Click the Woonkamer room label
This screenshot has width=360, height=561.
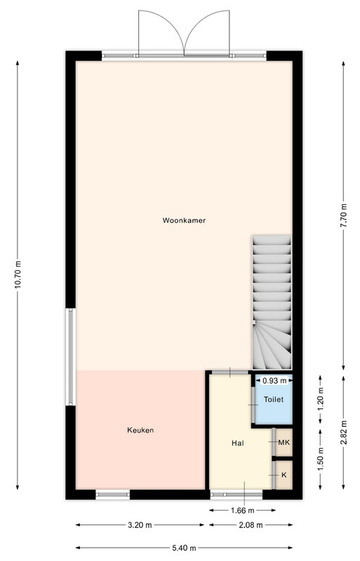pyautogui.click(x=184, y=220)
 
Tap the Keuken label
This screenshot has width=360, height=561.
pyautogui.click(x=140, y=430)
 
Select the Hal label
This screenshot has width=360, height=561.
pyautogui.click(x=238, y=443)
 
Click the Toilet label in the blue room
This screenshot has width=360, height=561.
pyautogui.click(x=274, y=399)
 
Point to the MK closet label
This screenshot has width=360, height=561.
pyautogui.click(x=284, y=442)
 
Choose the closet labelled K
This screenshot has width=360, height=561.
pyautogui.click(x=284, y=475)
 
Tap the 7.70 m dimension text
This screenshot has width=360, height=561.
pyautogui.click(x=344, y=215)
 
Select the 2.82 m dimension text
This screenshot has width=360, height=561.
pyautogui.click(x=344, y=432)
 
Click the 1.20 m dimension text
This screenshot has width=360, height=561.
pyautogui.click(x=321, y=399)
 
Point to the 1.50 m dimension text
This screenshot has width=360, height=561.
pyautogui.click(x=321, y=460)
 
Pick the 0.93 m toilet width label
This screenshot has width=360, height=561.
pyautogui.click(x=275, y=381)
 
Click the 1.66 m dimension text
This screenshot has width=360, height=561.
pyautogui.click(x=243, y=511)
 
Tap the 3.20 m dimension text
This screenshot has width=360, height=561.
pyautogui.click(x=140, y=525)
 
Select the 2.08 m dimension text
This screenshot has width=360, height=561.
pyautogui.click(x=251, y=525)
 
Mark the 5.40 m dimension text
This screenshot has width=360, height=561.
pyautogui.click(x=184, y=548)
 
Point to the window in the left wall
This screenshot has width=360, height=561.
pyautogui.click(x=71, y=357)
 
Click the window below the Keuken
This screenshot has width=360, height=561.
pyautogui.click(x=113, y=495)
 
